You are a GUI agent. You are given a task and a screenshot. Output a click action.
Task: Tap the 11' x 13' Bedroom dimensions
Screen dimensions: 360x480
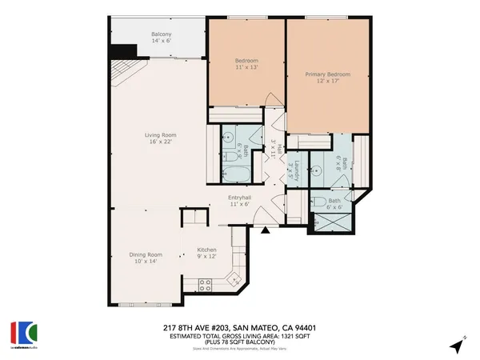coord(246,68)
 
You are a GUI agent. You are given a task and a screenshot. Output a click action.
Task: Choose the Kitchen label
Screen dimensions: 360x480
coord(207,250)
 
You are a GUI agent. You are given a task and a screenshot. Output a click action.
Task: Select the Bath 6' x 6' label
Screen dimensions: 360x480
coord(334,201)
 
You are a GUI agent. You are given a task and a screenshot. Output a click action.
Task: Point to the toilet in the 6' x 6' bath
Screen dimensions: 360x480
coord(318,202)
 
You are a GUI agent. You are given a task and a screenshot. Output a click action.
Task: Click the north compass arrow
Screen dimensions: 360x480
coord(457,346)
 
